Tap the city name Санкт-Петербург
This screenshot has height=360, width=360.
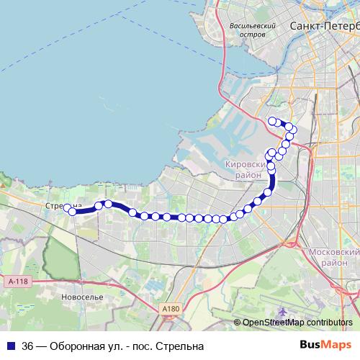tap(323, 26)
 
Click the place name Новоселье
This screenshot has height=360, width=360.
tap(83, 297)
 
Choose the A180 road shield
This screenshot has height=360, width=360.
tap(170, 309)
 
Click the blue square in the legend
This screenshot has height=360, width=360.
tap(11, 346)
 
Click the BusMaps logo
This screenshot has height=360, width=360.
tap(325, 345)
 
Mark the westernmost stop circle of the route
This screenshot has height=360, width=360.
tap(68, 209)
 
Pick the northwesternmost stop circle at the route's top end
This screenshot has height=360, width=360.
tap(271, 120)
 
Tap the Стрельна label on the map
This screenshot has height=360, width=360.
tap(59, 205)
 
